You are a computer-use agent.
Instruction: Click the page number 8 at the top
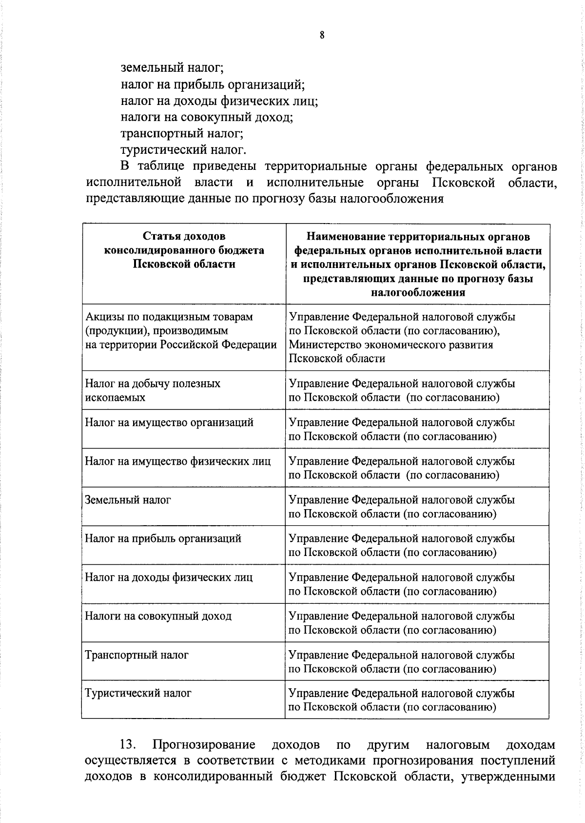(322, 35)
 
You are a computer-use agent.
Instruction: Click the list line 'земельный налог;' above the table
(172, 68)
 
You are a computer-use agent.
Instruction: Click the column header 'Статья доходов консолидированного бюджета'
(184, 250)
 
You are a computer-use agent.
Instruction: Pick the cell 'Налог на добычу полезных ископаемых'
(153, 390)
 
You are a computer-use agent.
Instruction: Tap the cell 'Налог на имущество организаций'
(169, 422)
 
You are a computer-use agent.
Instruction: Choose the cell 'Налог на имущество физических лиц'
(177, 461)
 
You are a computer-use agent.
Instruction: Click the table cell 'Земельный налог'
(128, 500)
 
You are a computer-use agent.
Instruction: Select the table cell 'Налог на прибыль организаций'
(163, 538)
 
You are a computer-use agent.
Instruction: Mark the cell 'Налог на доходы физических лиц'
(169, 577)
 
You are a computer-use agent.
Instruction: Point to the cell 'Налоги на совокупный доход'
(158, 616)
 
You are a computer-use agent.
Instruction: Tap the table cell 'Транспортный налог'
(136, 655)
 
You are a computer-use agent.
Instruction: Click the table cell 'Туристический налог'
(138, 693)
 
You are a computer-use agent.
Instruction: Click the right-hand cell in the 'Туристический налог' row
(402, 700)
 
